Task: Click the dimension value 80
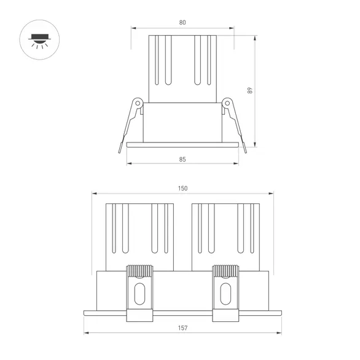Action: tap(182, 23)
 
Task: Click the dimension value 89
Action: tap(249, 90)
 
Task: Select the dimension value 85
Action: tap(182, 158)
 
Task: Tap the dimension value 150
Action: tap(182, 189)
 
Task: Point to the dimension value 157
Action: tap(182, 328)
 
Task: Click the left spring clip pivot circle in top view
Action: tap(138, 103)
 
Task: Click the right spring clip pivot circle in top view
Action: tap(227, 103)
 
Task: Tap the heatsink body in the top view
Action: tap(182, 68)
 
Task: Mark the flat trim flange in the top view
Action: tap(182, 144)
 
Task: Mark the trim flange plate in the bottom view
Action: tap(182, 311)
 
